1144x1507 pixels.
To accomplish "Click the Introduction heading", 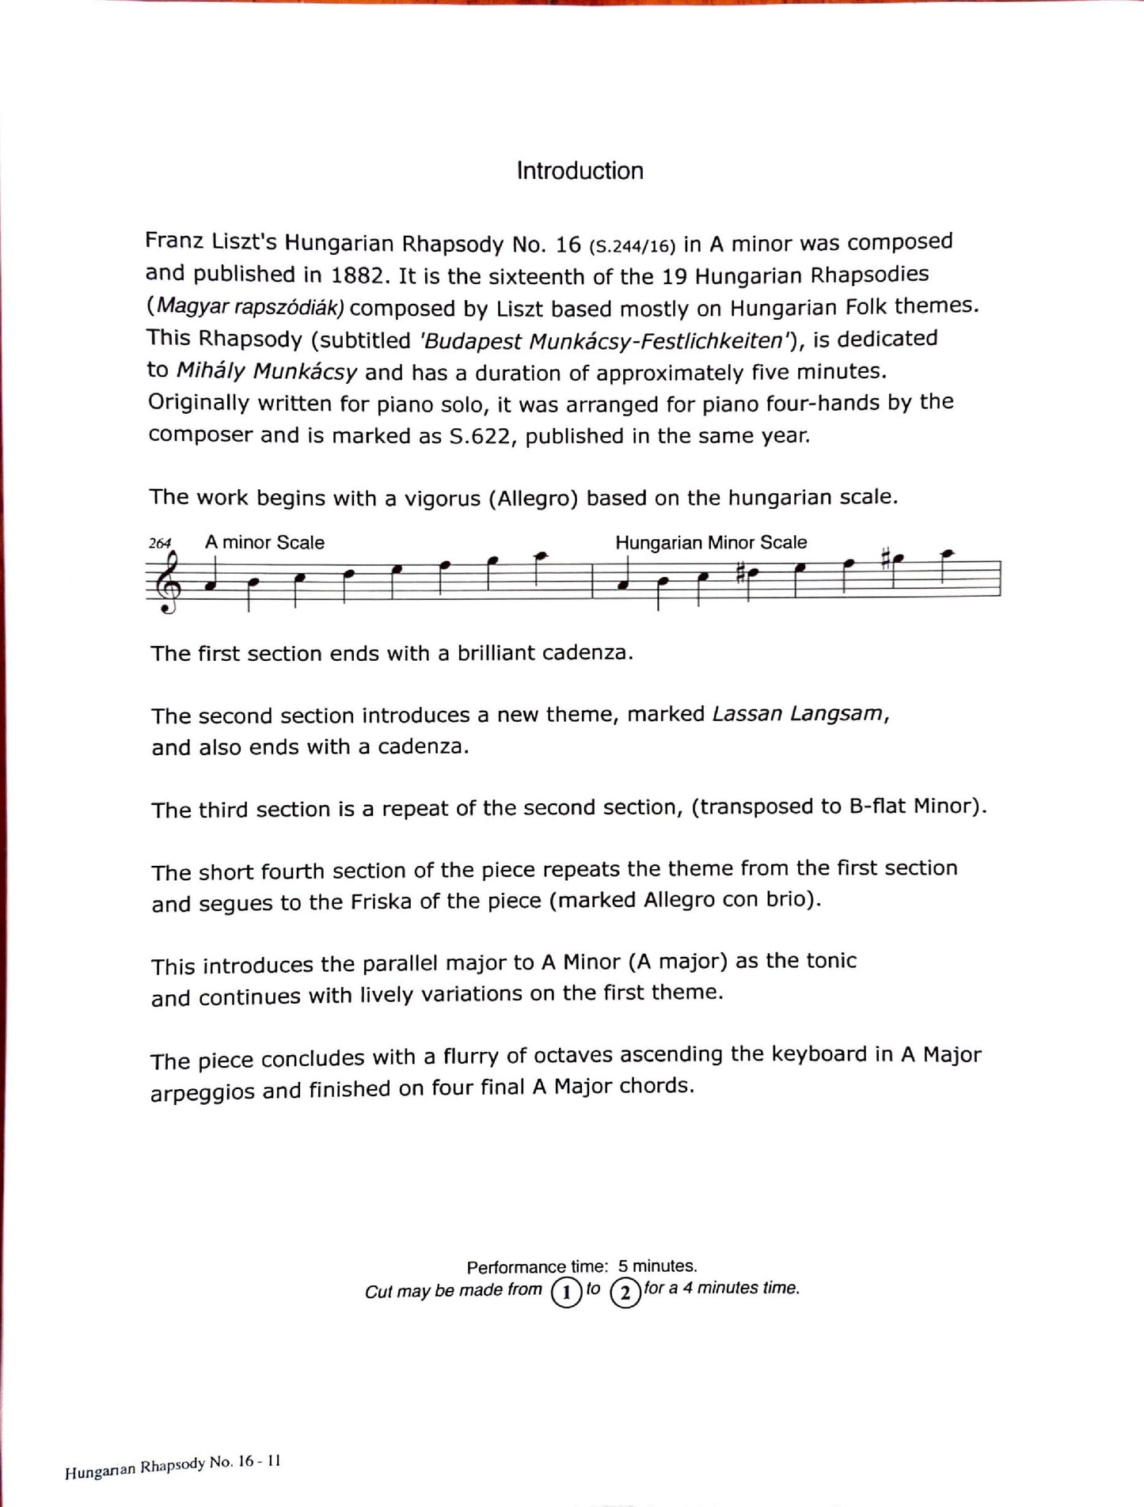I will tap(580, 171).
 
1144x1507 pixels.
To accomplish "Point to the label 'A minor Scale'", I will tap(264, 543).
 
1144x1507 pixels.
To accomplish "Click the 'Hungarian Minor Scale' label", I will tap(711, 543).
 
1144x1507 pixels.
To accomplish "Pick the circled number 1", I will tap(566, 1294).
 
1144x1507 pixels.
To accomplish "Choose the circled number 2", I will tap(625, 1294).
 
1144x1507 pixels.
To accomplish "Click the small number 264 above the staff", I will tap(160, 543).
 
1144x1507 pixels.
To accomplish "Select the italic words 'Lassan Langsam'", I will tap(797, 714).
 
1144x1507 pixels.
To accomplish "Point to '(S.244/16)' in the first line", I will tap(632, 246).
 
